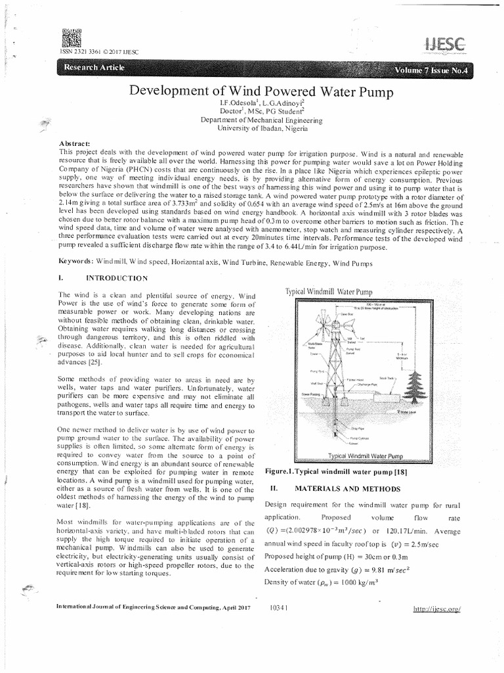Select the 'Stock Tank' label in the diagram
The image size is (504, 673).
point(386,379)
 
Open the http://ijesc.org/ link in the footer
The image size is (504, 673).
point(437,609)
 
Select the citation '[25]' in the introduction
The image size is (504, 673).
point(94,361)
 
